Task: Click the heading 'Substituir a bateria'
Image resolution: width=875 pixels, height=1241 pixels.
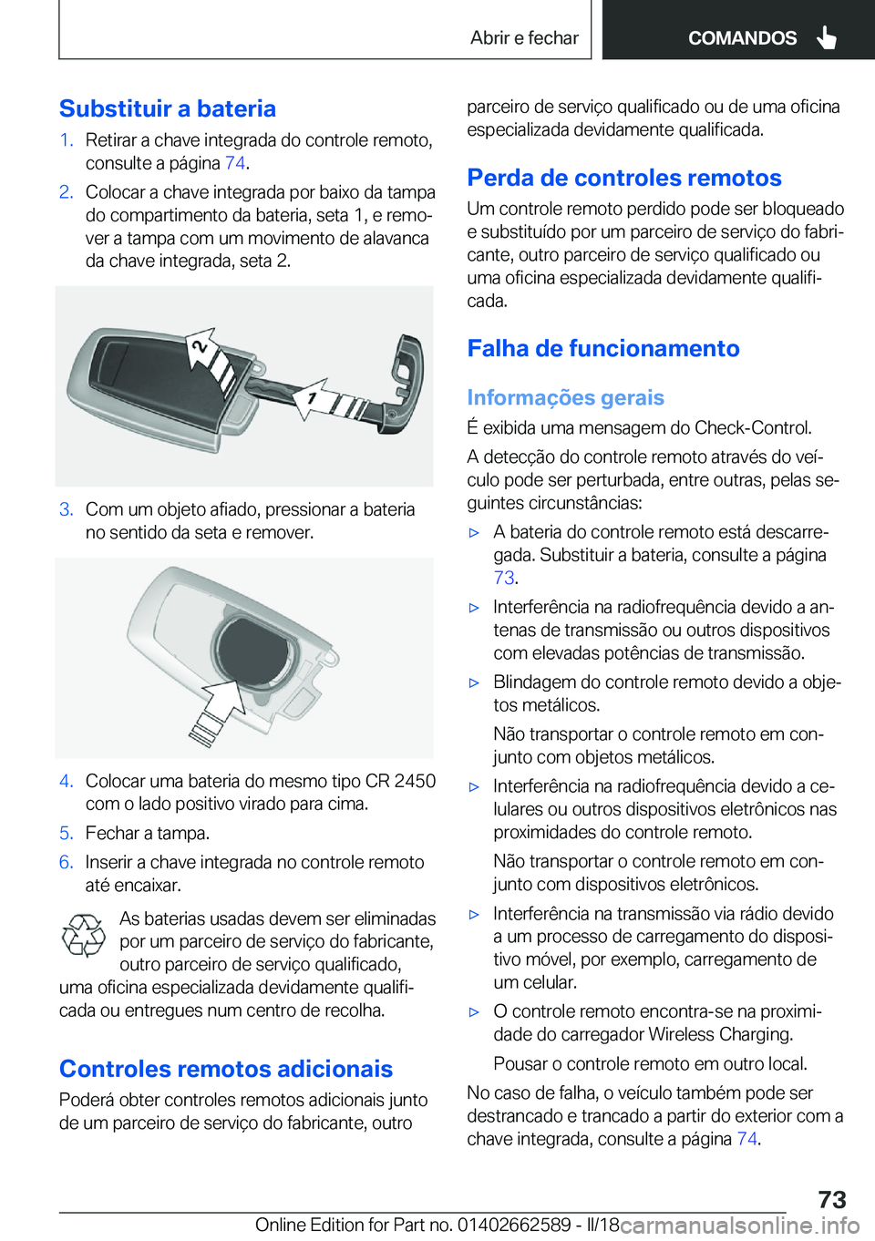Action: click(x=168, y=109)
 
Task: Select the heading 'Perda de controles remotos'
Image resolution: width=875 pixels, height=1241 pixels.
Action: click(x=624, y=178)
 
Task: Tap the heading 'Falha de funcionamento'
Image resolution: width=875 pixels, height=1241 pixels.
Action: click(x=603, y=348)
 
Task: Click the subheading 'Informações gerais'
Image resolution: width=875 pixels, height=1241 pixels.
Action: click(x=565, y=397)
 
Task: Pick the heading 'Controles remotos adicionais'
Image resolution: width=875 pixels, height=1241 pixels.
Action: click(x=226, y=1069)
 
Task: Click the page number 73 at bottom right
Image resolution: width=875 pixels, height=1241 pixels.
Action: click(x=831, y=1199)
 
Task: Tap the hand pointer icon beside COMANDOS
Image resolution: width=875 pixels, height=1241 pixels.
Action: click(x=827, y=37)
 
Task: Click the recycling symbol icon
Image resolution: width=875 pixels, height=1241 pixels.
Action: click(x=84, y=936)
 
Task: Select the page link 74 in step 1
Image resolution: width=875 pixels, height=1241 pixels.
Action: click(x=235, y=163)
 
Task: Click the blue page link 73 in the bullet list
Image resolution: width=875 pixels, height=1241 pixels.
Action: click(x=504, y=578)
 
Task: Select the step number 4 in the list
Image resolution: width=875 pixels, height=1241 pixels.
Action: click(x=66, y=781)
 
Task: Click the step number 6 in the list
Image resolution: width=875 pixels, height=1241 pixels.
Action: click(x=66, y=862)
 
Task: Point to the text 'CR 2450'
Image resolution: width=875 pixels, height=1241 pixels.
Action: click(x=400, y=781)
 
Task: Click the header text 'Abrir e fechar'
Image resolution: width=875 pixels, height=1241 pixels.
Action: click(x=524, y=38)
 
